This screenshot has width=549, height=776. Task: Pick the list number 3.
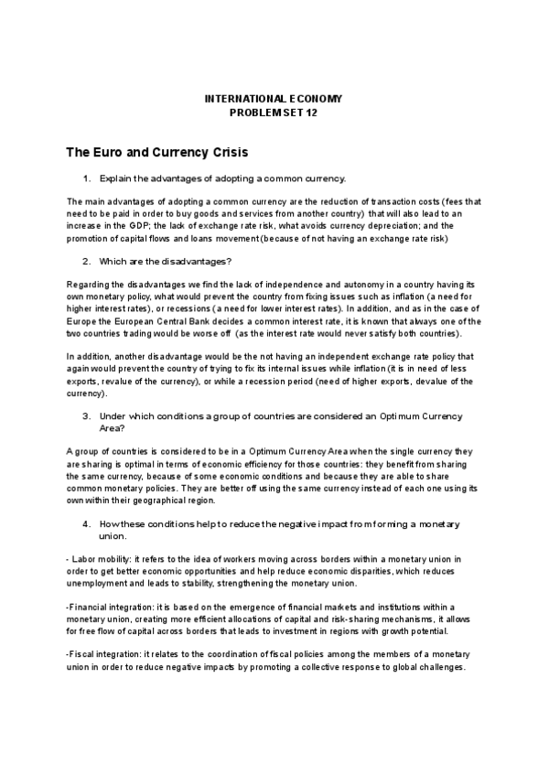coord(86,415)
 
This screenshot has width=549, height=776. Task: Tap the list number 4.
coord(86,523)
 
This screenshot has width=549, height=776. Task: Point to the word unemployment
coord(99,583)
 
